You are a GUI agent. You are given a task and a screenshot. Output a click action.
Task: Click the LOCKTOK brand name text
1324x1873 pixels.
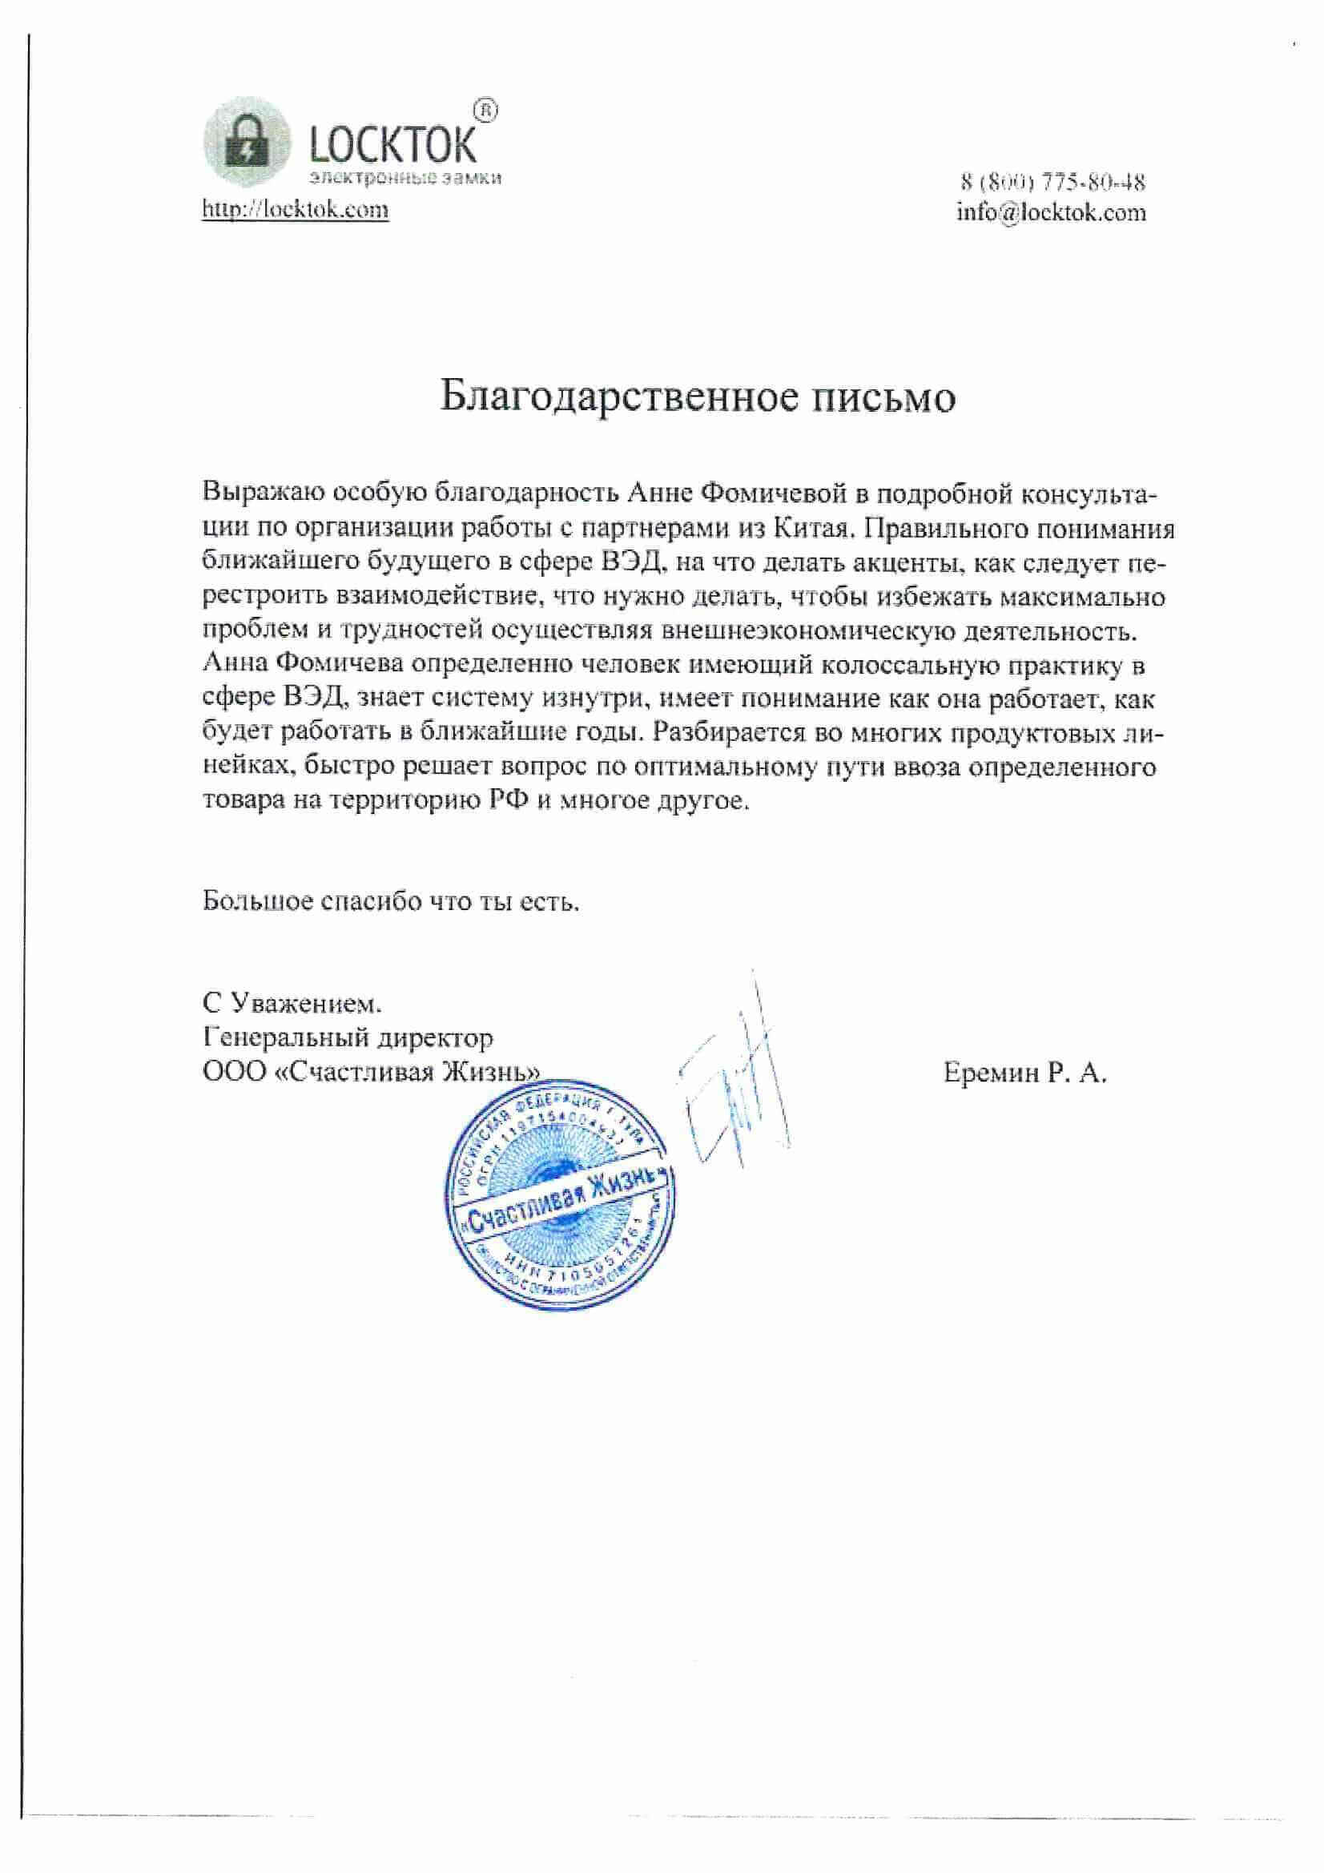click(x=391, y=146)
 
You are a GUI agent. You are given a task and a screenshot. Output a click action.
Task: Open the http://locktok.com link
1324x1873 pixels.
click(x=296, y=210)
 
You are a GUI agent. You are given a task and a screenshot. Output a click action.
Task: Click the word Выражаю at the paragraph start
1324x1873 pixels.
click(x=260, y=494)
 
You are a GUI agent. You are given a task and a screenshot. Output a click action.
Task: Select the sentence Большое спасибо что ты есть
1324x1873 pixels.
click(x=391, y=901)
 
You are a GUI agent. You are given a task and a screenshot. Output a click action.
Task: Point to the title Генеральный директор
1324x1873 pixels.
click(x=348, y=1037)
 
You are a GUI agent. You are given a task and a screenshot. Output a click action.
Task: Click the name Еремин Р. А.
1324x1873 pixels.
click(x=1024, y=1073)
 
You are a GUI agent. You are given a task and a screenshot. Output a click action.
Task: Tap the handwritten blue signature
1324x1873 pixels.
click(x=734, y=1077)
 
